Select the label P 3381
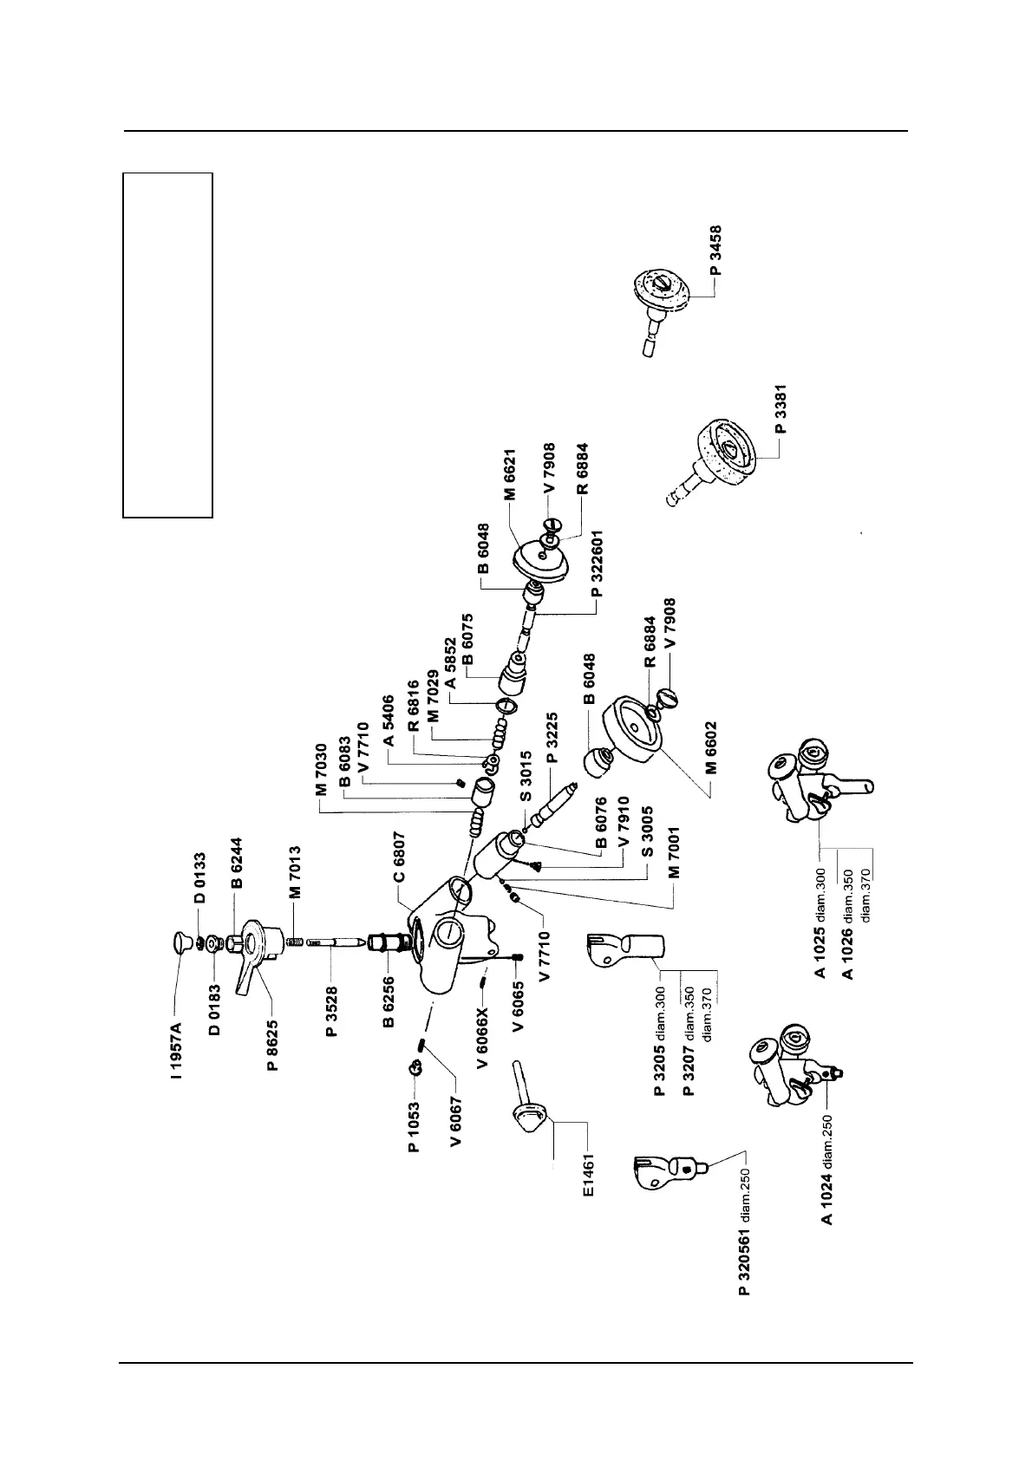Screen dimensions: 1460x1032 coord(781,413)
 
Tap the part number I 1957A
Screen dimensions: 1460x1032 coord(177,1050)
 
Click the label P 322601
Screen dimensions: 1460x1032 coord(597,562)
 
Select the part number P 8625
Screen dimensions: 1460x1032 coord(272,1045)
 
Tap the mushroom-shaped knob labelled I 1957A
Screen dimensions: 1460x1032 coord(181,942)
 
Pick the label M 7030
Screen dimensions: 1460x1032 coord(322,770)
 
